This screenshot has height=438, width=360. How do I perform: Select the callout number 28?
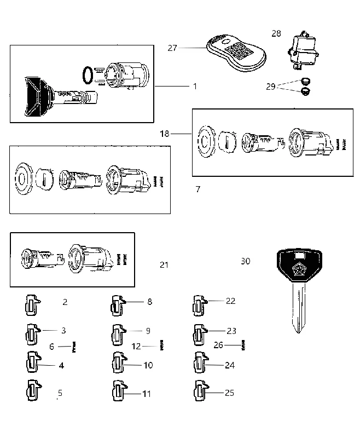point(276,33)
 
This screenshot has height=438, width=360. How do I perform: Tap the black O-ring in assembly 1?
point(88,75)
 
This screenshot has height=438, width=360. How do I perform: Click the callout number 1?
point(195,87)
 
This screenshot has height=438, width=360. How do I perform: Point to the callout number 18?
point(165,134)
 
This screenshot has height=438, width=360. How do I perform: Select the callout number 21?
point(164,264)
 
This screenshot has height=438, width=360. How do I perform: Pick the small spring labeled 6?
point(74,347)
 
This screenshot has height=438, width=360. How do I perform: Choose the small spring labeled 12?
point(161,345)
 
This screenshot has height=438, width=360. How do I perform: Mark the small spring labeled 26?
point(243,345)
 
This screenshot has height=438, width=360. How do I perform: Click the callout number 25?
point(229,393)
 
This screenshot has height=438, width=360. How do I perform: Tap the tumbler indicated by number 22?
point(200,306)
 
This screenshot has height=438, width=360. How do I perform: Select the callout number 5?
point(60,393)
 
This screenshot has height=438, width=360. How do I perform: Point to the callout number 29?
point(271,87)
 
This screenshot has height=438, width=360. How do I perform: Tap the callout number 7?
point(198,189)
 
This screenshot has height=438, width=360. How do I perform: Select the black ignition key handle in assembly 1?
point(38,97)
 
